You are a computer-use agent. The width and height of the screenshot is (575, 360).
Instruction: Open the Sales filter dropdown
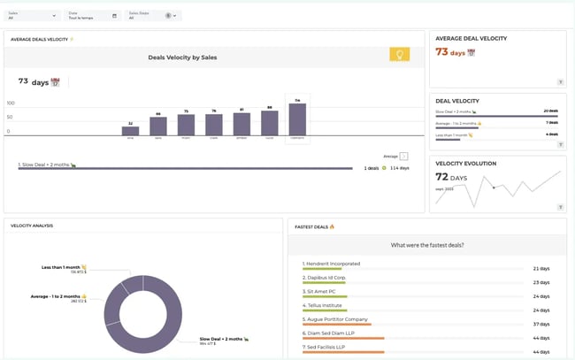(33, 16)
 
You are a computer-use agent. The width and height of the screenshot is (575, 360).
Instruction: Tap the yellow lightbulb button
(400, 55)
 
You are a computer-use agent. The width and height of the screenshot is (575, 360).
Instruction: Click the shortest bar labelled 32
(130, 131)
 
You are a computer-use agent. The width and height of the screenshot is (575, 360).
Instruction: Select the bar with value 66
(158, 126)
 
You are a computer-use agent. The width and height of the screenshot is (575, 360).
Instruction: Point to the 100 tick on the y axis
(11, 103)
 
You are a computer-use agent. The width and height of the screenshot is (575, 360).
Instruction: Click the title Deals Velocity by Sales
(182, 57)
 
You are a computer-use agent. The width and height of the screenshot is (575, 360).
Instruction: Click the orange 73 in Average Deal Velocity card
(442, 52)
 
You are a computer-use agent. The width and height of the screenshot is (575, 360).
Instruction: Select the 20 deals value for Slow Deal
(550, 111)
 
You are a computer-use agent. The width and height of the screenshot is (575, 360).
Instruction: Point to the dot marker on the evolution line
(493, 187)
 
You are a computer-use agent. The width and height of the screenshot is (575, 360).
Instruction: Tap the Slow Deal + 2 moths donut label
(218, 339)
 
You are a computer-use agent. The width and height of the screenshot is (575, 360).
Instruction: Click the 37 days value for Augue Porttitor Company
(541, 324)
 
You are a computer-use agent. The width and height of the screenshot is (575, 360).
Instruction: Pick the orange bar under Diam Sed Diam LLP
(343, 338)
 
